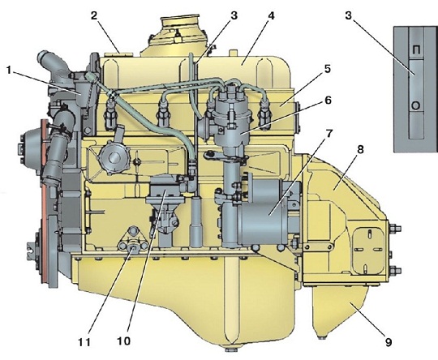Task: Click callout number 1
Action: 9,71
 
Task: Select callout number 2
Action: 94,15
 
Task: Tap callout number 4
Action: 270,16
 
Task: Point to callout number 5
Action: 327,69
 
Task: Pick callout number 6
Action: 328,100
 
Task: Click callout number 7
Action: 328,134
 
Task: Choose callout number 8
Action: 360,150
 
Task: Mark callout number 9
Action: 389,342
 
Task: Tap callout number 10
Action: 124,341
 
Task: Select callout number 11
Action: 84,342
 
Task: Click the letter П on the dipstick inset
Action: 416,50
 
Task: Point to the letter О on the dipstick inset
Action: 415,106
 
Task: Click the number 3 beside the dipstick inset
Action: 348,15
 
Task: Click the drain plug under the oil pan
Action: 231,349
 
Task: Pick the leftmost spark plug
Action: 110,114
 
